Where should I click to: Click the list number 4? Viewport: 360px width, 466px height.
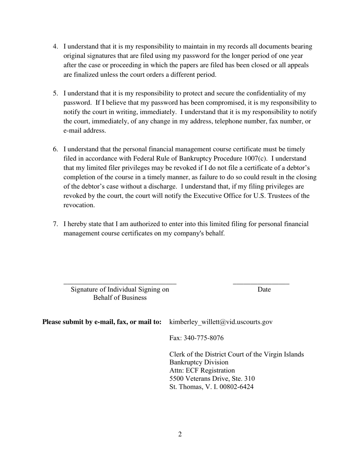click(55, 47)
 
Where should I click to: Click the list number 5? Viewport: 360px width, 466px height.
click(55, 93)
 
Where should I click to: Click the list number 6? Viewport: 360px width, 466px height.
click(55, 149)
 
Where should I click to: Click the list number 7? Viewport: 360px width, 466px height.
click(55, 224)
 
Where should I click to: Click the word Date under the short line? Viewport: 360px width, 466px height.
click(264, 289)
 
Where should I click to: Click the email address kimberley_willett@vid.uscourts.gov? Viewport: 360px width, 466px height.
click(221, 322)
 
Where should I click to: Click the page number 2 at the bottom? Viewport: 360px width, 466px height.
click(180, 434)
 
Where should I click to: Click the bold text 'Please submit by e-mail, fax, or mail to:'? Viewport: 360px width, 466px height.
click(102, 322)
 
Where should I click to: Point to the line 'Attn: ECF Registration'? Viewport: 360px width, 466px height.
click(202, 371)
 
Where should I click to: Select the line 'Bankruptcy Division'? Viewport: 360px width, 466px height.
click(199, 363)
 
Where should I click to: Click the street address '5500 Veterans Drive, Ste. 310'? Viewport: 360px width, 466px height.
click(212, 379)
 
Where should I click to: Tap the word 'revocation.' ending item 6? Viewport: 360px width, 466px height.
click(79, 205)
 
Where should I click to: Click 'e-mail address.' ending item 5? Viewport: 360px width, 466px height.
click(85, 131)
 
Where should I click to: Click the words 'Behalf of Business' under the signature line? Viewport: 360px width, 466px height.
click(120, 298)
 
